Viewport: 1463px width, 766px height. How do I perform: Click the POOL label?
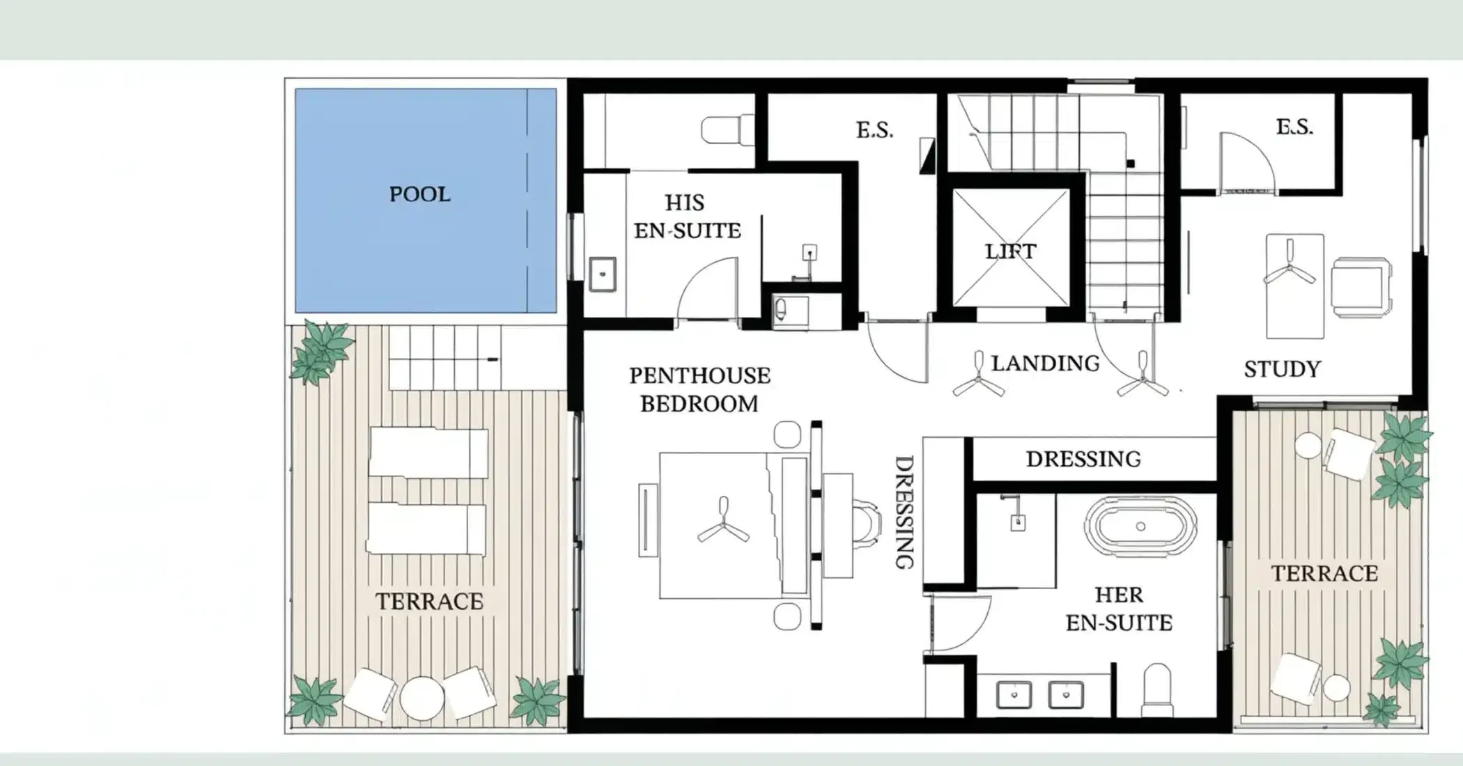pyautogui.click(x=419, y=194)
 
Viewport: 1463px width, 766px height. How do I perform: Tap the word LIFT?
pyautogui.click(x=1010, y=251)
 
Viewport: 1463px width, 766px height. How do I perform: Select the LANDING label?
pyautogui.click(x=1045, y=364)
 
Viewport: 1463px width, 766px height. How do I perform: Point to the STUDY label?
pyautogui.click(x=1282, y=369)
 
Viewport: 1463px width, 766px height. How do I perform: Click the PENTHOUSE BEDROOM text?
pyautogui.click(x=699, y=389)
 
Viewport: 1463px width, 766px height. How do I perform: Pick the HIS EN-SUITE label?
pyautogui.click(x=687, y=217)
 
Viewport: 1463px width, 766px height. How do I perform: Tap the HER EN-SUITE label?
pyautogui.click(x=1119, y=609)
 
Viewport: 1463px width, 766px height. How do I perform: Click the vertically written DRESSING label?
pyautogui.click(x=904, y=513)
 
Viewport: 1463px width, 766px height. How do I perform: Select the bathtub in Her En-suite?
pyautogui.click(x=1140, y=526)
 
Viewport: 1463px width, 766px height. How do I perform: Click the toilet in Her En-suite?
pyautogui.click(x=1156, y=689)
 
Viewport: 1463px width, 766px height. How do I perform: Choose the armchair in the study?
pyautogui.click(x=1361, y=287)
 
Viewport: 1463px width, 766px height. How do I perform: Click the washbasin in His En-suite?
pyautogui.click(x=603, y=274)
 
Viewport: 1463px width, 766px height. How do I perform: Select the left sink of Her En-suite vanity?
pyautogui.click(x=1014, y=694)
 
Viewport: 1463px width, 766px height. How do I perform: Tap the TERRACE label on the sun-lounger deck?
pyautogui.click(x=429, y=602)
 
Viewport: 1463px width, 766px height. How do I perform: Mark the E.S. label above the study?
pyautogui.click(x=1294, y=127)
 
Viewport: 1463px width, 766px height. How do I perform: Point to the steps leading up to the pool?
pyautogui.click(x=444, y=358)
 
